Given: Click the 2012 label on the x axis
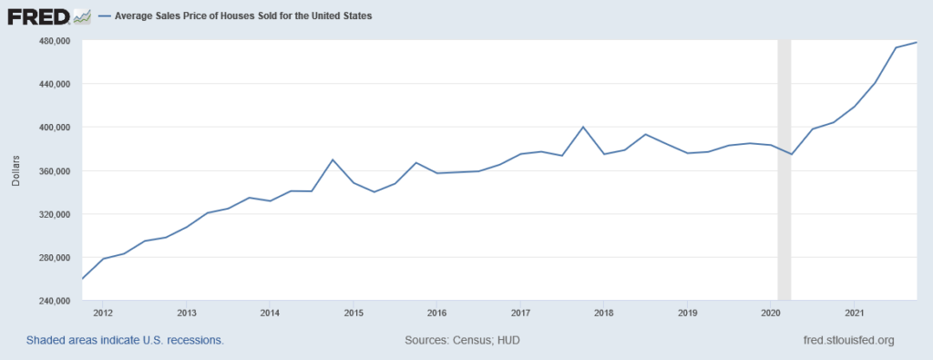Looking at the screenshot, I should point(102,314).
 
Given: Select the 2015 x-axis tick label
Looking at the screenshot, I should point(353,314).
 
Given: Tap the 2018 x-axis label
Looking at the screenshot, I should point(603,314).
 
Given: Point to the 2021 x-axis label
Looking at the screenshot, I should point(854,314).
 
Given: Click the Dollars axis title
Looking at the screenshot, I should point(15,170).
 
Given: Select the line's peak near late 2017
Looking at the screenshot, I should point(583,127).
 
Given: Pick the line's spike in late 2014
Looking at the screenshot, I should point(333,159).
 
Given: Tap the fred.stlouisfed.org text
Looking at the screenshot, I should point(845,340).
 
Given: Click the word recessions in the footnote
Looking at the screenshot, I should point(193,340).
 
